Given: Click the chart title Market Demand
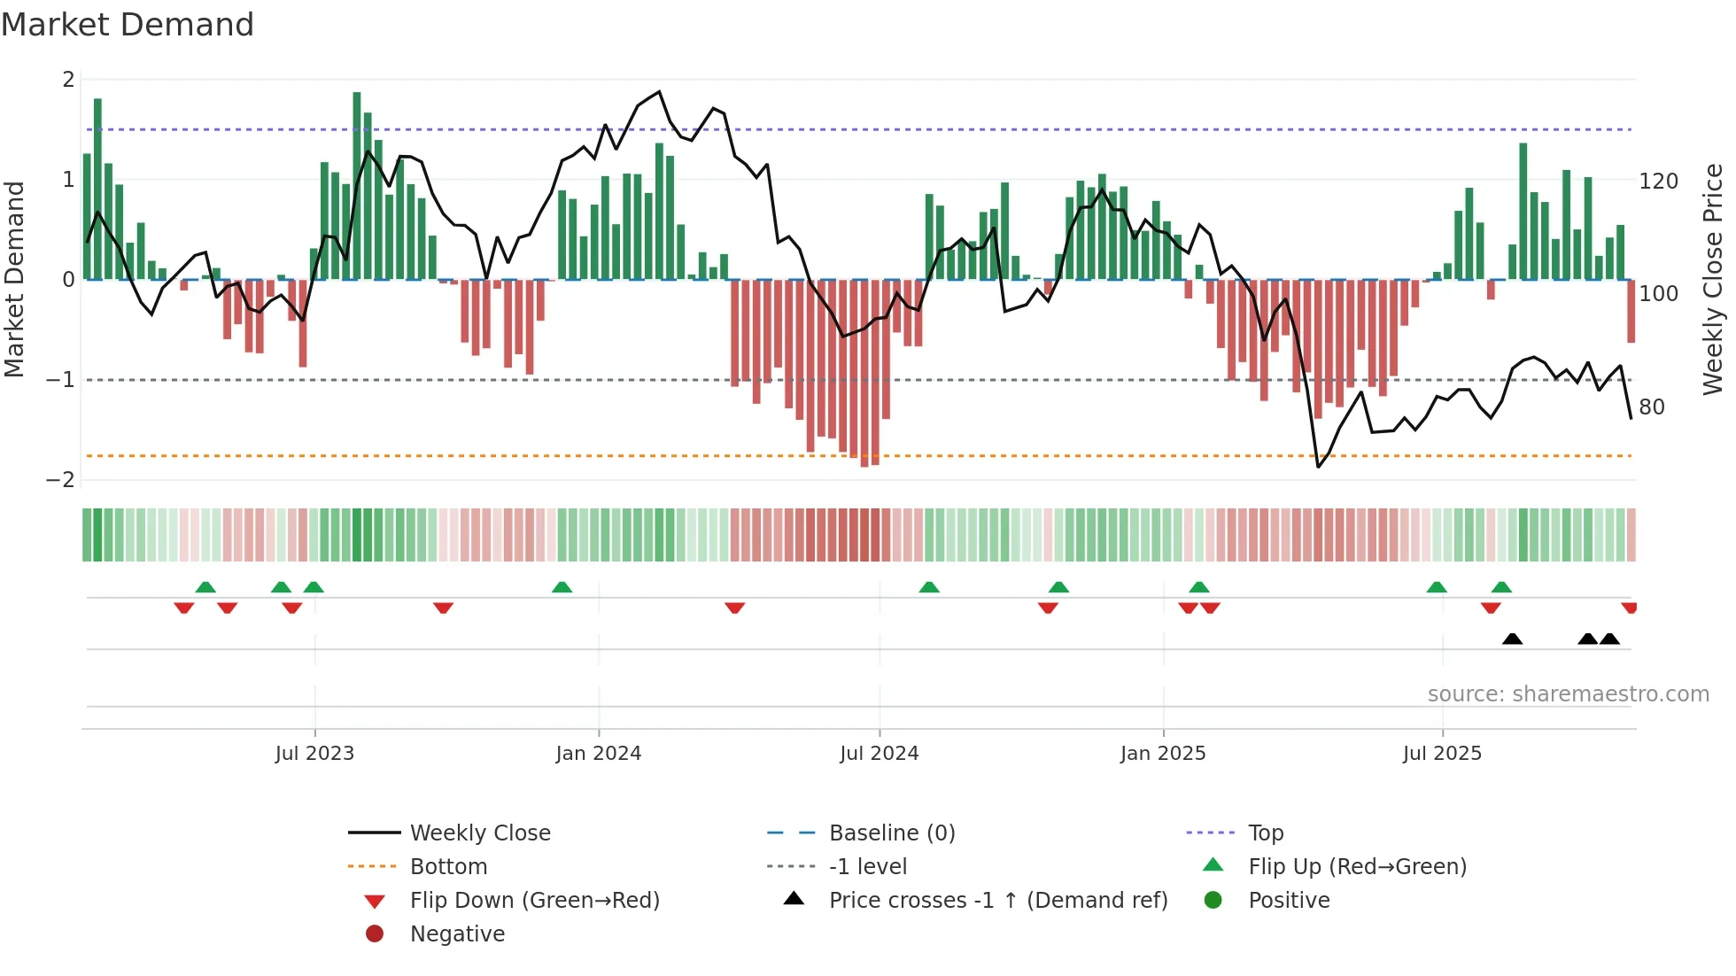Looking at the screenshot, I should coord(128,25).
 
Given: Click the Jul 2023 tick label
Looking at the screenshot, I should coord(314,754).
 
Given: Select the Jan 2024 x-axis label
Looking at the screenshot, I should coord(598,754).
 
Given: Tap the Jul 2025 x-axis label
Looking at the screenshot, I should coord(1442,754).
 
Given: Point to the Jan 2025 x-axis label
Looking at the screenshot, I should coord(1162,754).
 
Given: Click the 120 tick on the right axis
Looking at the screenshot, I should coord(1658,182).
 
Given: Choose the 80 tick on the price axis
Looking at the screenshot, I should coord(1651,407).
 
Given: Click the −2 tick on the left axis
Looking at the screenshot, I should coord(60,480).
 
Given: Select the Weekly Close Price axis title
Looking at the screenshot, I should coord(1713,279).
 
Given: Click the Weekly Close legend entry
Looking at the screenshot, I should coord(479,833).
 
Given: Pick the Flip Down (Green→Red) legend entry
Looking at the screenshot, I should coord(534,901).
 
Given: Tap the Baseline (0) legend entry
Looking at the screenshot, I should coord(891,833).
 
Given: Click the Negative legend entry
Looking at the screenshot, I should coord(457,934).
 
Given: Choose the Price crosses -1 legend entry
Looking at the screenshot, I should coord(997,901).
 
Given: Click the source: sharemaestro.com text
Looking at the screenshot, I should coord(1568,694).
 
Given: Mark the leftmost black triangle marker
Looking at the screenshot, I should coord(1512,639).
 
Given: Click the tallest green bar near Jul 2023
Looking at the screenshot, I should coord(357,186).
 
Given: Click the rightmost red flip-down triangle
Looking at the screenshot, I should coord(1629,608).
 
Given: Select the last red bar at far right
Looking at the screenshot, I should coord(1631,312).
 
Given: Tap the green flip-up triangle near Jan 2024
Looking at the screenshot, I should coord(562,587).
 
